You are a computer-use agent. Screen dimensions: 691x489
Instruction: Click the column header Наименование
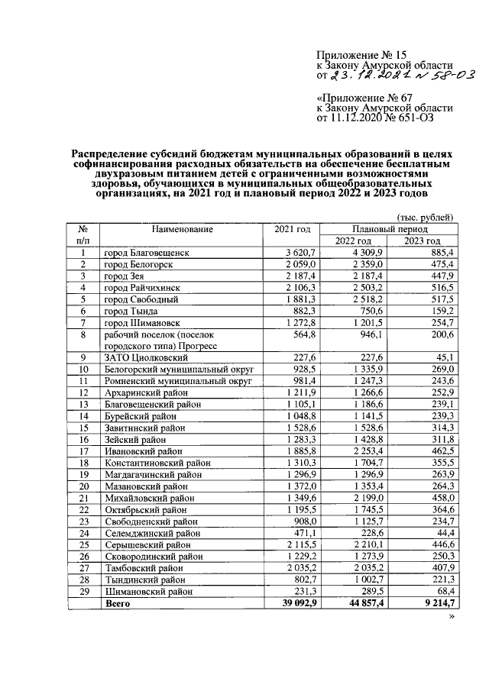181,229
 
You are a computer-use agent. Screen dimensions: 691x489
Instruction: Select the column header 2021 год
292,229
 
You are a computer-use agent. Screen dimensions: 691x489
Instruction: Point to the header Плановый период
390,228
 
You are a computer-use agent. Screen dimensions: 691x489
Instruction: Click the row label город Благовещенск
147,252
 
